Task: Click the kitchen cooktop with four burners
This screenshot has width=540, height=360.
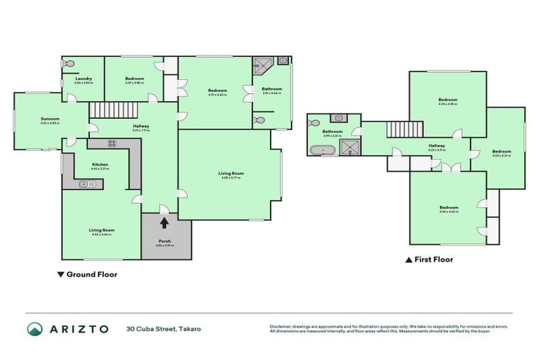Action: [112, 143]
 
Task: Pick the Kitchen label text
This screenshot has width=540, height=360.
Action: [100, 166]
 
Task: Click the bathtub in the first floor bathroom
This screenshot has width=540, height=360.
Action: [324, 149]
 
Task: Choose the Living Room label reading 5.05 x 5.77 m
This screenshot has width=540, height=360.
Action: [229, 174]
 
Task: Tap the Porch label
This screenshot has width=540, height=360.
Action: [165, 243]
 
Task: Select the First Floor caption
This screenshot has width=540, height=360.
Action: [433, 259]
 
